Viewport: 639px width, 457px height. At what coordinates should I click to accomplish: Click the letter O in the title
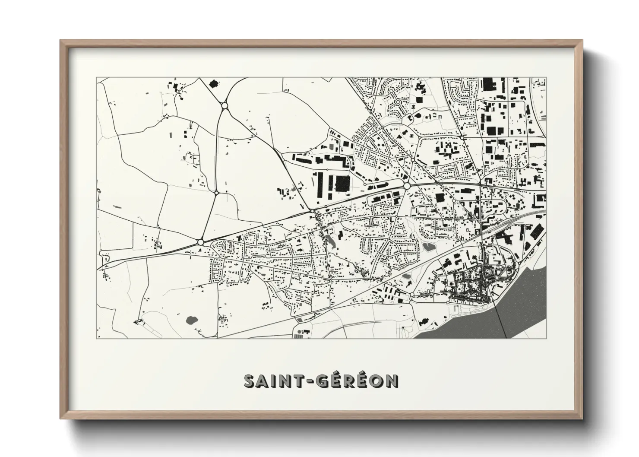tap(376, 381)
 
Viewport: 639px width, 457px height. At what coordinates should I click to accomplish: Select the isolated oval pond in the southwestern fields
tap(190, 321)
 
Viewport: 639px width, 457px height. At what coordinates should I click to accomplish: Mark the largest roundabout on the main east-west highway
tap(407, 185)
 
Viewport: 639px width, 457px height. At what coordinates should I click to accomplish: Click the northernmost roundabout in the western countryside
tap(224, 105)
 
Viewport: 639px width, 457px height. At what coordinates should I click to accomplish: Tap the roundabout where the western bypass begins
tap(200, 242)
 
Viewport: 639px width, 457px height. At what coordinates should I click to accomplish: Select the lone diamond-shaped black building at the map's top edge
tap(212, 83)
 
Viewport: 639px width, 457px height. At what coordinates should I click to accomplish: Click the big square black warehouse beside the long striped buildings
tap(342, 184)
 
